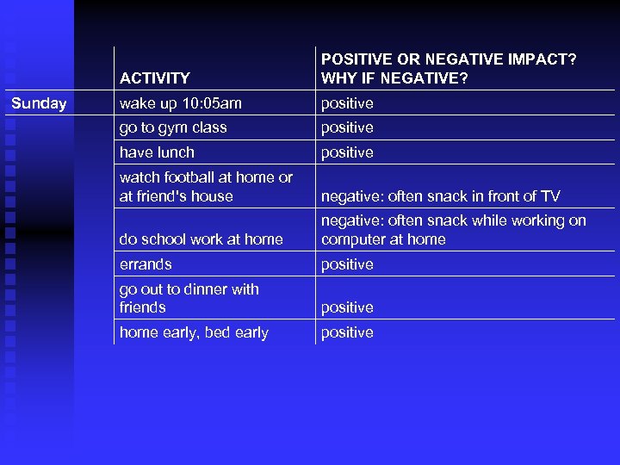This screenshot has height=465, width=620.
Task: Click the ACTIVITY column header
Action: (154, 78)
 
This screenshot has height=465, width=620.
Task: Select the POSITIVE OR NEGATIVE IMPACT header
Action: (448, 69)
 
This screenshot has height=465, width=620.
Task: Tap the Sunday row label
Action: (39, 103)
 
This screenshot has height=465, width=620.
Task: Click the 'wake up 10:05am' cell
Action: (180, 103)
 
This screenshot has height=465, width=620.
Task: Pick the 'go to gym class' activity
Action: (173, 127)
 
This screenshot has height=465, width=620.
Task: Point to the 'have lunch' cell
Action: (157, 152)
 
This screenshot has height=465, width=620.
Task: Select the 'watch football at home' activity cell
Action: (206, 186)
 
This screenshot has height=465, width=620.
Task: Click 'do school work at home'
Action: (201, 239)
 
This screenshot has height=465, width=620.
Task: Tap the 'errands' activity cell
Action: (146, 264)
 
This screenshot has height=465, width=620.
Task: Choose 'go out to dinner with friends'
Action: (189, 298)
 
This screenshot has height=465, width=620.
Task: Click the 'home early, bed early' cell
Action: (194, 332)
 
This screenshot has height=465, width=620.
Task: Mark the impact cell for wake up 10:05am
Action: (347, 103)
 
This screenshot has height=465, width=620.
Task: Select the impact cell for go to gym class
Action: (347, 127)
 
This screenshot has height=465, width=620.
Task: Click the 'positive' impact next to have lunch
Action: (347, 152)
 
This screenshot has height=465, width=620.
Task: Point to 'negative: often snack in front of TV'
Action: (440, 196)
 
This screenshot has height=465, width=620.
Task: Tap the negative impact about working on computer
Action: (453, 230)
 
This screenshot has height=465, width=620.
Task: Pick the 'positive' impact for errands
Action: (347, 264)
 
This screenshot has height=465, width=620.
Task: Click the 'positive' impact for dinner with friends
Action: (347, 307)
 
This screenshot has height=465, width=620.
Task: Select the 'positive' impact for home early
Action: (347, 332)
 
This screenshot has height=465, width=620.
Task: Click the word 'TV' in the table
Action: (549, 196)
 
